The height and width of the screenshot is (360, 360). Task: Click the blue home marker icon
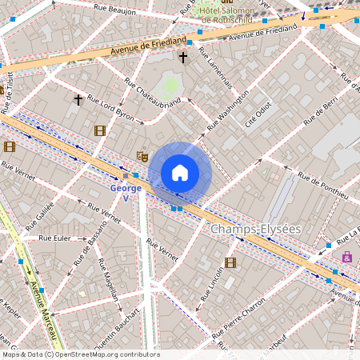180,173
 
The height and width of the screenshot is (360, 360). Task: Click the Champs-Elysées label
255,230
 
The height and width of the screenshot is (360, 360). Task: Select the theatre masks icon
143,155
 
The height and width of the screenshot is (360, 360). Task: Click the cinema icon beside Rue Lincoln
230,262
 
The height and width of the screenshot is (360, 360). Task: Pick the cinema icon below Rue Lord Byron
99,130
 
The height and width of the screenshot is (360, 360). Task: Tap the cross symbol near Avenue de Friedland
183,58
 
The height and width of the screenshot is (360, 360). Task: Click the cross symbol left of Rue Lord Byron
78,99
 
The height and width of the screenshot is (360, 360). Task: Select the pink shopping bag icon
346,257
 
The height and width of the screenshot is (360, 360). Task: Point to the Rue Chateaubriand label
154,99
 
